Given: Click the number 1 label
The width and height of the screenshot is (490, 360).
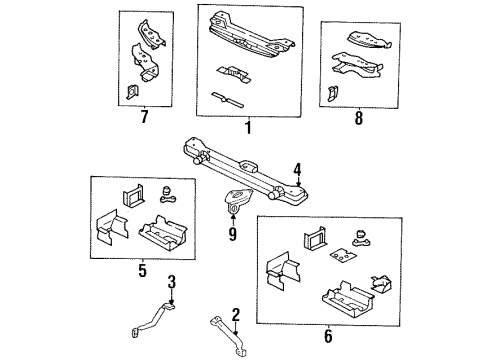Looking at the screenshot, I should (x=247, y=127).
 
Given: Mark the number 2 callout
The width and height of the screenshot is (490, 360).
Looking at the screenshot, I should (x=236, y=316).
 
